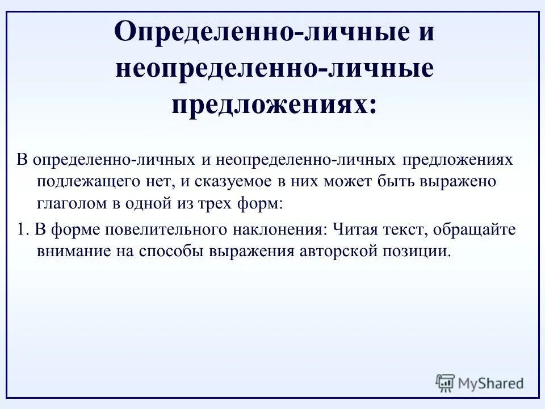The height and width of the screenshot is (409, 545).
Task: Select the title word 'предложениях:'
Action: click(274, 105)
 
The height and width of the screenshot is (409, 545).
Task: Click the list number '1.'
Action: click(22, 229)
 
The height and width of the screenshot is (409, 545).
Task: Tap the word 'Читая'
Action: click(353, 229)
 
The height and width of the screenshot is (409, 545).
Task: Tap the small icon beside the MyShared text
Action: click(445, 383)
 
